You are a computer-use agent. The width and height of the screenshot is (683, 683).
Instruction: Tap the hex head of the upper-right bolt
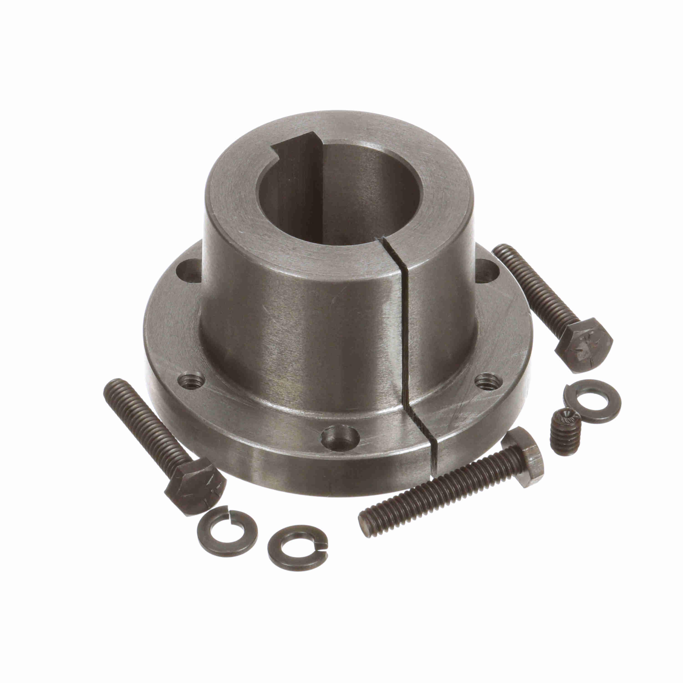(x=583, y=343)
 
